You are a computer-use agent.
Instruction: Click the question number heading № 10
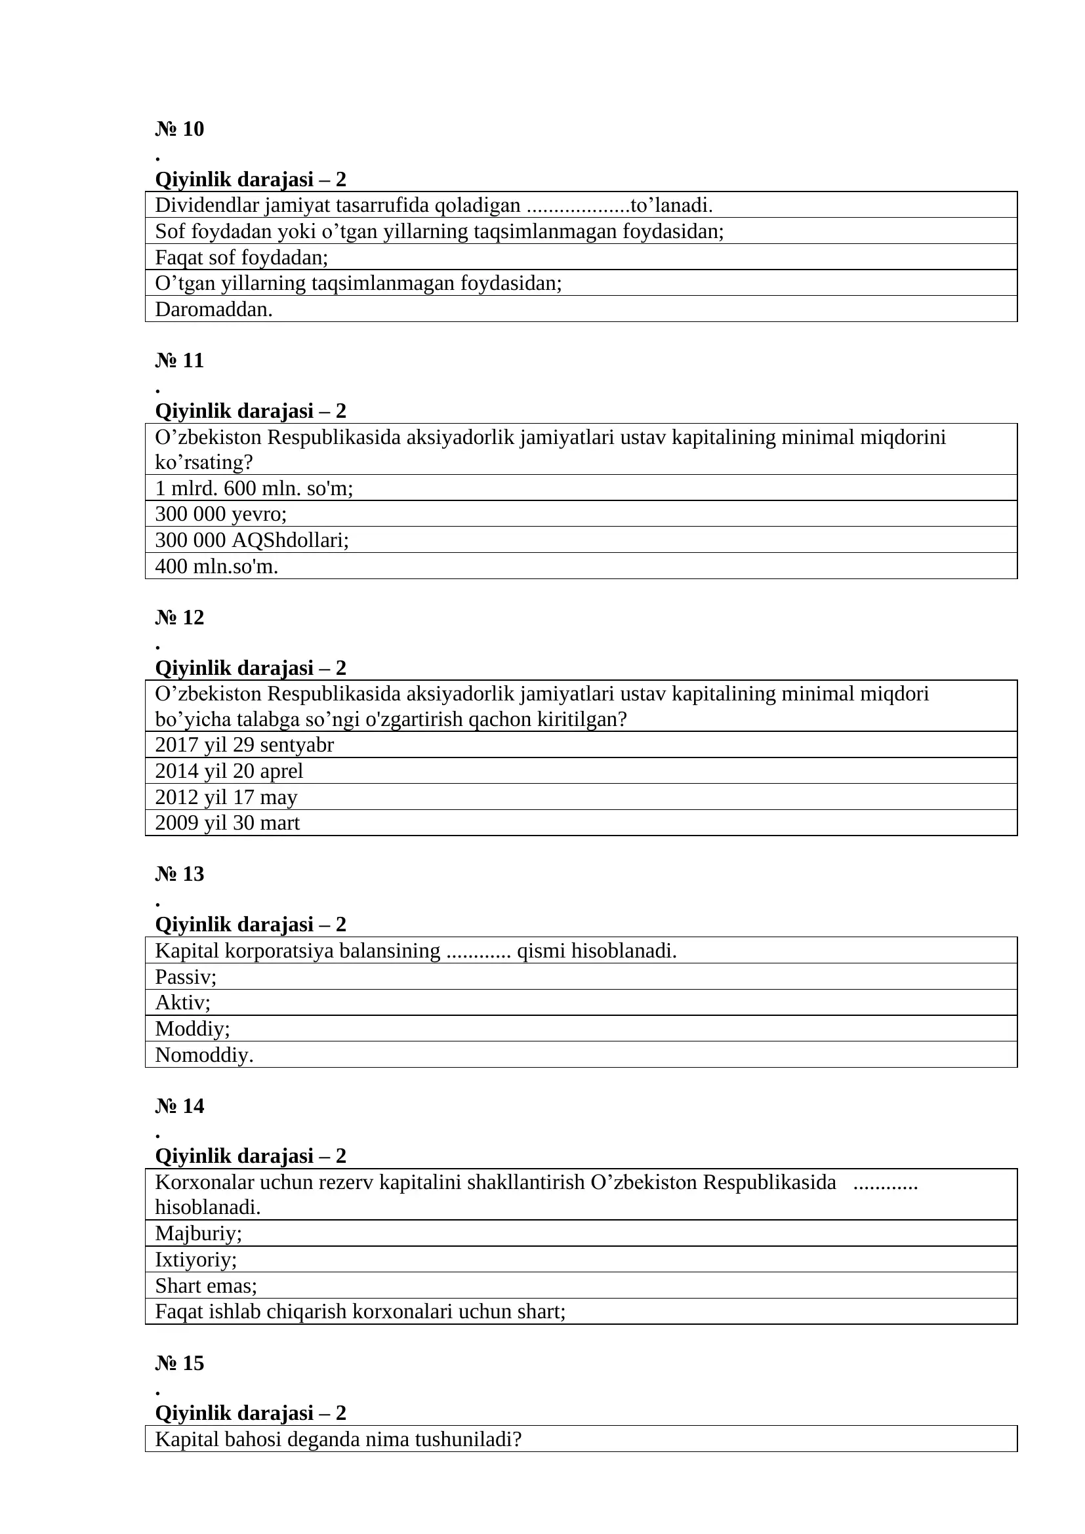179,129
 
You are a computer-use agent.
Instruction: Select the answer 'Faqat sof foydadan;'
241,257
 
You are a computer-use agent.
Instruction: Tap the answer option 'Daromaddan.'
214,310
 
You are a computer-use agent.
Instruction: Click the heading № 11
179,360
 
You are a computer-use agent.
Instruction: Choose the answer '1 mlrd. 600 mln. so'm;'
254,489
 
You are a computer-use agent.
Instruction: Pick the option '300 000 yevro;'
220,514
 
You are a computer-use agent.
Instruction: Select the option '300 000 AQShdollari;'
252,540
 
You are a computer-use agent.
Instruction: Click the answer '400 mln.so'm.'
216,567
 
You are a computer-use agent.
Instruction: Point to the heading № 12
179,617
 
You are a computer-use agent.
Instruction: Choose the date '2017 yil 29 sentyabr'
244,745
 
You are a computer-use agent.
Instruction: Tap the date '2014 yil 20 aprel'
229,771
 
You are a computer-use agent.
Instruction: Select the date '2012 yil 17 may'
226,797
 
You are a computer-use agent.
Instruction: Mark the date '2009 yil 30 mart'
227,822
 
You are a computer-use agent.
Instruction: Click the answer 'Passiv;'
186,977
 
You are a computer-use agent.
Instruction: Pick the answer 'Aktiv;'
182,1002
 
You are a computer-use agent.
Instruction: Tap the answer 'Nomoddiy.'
204,1055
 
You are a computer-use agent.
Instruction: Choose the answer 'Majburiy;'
198,1234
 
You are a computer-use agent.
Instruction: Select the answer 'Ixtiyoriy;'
195,1259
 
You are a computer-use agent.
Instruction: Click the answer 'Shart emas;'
206,1285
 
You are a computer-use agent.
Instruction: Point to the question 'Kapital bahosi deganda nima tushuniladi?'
337,1439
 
